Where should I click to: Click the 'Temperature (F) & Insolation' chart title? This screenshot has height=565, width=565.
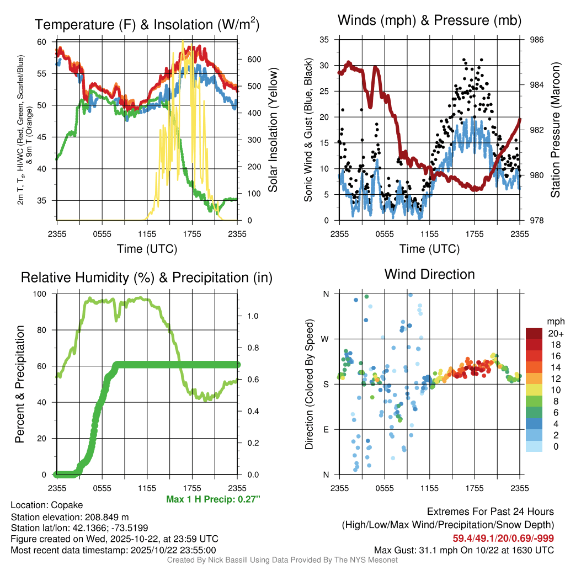tap(147, 25)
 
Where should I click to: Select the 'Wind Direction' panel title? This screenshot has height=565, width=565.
tap(429, 274)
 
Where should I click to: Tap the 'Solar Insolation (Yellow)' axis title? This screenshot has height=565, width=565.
tap(273, 130)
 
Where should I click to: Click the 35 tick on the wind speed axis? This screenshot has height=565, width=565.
tap(324, 40)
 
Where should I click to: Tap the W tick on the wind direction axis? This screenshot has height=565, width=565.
tap(325, 339)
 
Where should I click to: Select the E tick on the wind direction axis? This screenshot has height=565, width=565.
tap(325, 429)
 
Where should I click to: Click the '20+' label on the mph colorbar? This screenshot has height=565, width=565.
tap(555, 333)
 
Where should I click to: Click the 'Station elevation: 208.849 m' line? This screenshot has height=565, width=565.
tap(70, 517)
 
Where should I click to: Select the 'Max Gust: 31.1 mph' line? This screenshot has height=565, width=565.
tap(464, 550)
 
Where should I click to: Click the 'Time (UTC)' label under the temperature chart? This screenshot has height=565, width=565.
tap(147, 249)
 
